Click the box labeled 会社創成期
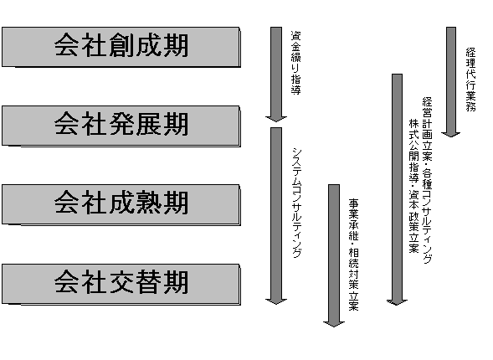(121, 47)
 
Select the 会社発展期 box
(121, 126)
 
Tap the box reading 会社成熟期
(121, 204)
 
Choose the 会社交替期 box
(121, 284)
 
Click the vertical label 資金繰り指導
(295, 63)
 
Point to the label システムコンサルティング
(297, 203)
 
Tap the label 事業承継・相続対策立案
(354, 255)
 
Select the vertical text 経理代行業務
(470, 80)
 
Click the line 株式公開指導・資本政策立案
(413, 186)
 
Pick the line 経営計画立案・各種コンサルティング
(427, 180)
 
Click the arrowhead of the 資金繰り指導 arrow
(276, 119)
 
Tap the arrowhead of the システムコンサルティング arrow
(276, 301)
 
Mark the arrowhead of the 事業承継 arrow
(334, 324)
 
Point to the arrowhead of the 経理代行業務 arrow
(451, 135)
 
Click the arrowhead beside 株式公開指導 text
(397, 302)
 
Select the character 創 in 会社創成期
(121, 45)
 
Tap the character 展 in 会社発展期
(148, 124)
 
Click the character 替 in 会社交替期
(148, 281)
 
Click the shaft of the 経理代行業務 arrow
(451, 80)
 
